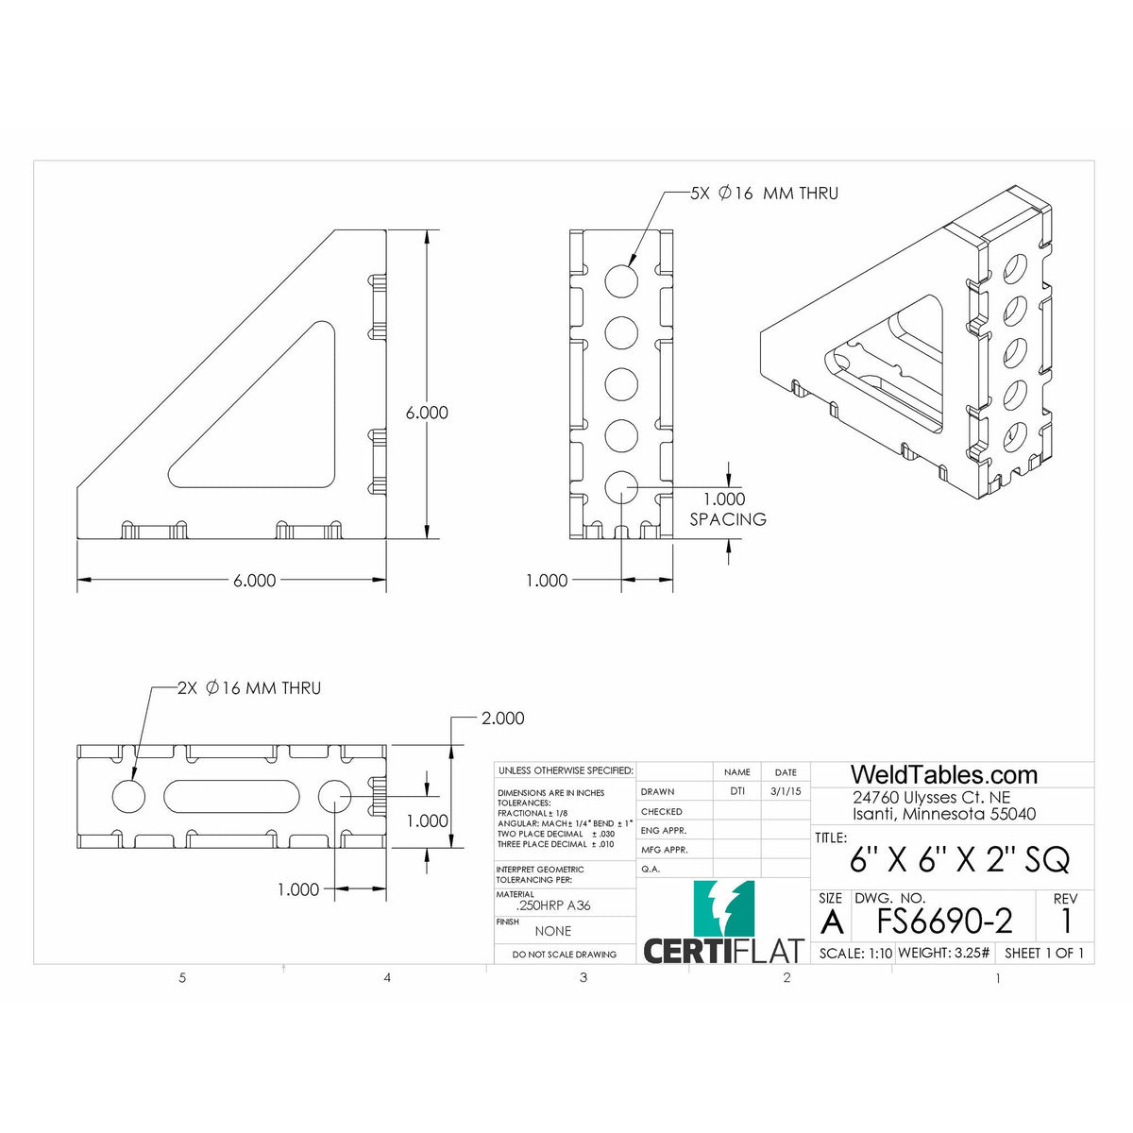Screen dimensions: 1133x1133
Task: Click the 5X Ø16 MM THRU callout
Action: [x=764, y=194]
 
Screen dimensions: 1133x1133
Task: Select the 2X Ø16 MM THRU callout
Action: [x=249, y=688]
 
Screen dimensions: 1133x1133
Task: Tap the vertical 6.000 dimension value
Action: [x=427, y=413]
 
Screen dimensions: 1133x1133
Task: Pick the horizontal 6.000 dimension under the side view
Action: [x=254, y=581]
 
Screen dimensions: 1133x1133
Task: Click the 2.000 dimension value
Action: [x=502, y=719]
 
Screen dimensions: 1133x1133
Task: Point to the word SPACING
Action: [x=727, y=519]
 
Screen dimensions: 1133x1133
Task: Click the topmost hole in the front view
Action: [x=621, y=279]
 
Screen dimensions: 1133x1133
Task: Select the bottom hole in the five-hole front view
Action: [x=621, y=486]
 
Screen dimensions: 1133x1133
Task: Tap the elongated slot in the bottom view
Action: [x=231, y=796]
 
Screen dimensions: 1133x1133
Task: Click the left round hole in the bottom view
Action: [x=129, y=796]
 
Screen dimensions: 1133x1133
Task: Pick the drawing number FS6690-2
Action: [x=944, y=921]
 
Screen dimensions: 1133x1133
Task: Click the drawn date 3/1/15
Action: [x=786, y=792]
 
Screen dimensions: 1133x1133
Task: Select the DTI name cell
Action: [x=736, y=792]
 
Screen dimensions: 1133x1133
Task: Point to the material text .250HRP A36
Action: [x=553, y=905]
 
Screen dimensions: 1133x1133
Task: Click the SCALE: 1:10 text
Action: [x=855, y=954]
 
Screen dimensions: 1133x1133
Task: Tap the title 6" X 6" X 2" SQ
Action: [x=959, y=860]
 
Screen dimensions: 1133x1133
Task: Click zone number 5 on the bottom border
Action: [x=182, y=978]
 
